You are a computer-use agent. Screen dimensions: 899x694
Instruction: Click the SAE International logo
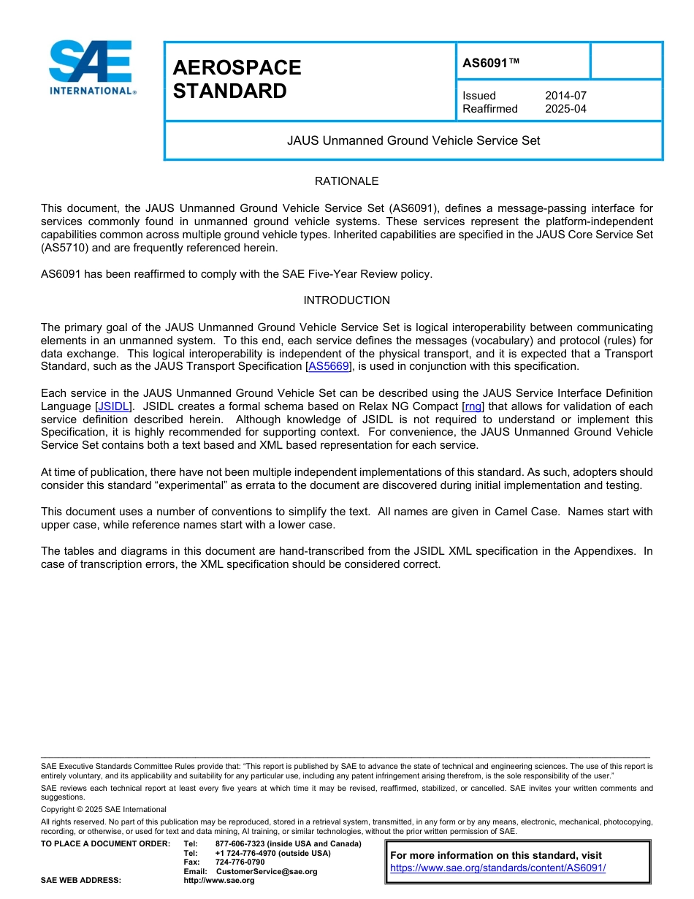coord(91,67)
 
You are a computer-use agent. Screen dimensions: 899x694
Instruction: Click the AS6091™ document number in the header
coord(491,64)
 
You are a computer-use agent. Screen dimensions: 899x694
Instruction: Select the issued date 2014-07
coord(565,96)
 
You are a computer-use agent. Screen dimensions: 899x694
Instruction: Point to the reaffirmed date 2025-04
coord(565,109)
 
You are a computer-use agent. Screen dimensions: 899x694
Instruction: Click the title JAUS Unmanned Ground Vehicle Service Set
coord(413,140)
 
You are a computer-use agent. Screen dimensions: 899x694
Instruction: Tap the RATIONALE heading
coord(346,181)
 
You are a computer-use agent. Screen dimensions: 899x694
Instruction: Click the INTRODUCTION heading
coord(346,300)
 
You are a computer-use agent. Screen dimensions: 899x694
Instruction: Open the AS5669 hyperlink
coord(329,366)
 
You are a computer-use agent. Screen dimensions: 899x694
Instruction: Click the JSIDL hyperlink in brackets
coord(113,406)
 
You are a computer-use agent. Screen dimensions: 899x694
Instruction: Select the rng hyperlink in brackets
coord(473,406)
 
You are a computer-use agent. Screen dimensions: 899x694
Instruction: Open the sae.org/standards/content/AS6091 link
coord(497,868)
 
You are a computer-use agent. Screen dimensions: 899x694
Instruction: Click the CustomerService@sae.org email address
coord(267,871)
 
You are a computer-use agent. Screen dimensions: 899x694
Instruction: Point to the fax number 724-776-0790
coord(240,862)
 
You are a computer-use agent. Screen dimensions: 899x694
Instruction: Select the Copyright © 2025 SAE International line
coord(104,810)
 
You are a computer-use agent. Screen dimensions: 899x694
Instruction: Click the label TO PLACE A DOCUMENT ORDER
coord(105,843)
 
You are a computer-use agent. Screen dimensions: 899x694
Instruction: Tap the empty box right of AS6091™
coord(625,61)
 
